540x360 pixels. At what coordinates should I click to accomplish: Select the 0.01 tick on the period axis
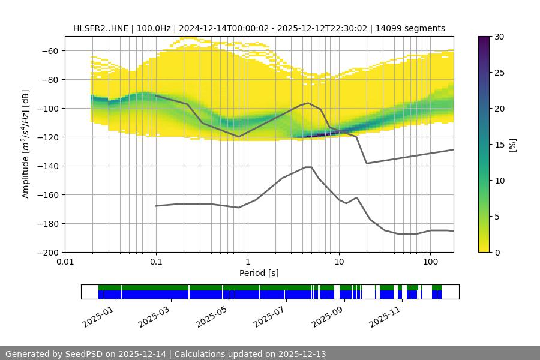(x=65, y=262)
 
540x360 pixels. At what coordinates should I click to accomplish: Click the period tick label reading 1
(x=247, y=262)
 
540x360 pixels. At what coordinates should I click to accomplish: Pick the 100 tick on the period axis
(x=430, y=262)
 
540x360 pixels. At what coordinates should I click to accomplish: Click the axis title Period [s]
(x=259, y=273)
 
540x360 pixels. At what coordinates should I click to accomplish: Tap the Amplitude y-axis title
(x=25, y=144)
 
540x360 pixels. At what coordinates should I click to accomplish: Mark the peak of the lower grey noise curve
(x=308, y=167)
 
